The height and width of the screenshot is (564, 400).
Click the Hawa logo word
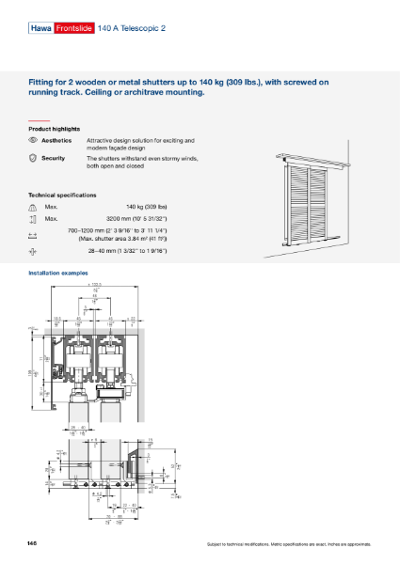(41, 30)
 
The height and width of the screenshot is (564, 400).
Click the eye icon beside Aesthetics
(34, 139)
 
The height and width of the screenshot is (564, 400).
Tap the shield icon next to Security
(34, 159)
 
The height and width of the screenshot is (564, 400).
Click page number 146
(34, 544)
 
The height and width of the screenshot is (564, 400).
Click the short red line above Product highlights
(39, 121)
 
